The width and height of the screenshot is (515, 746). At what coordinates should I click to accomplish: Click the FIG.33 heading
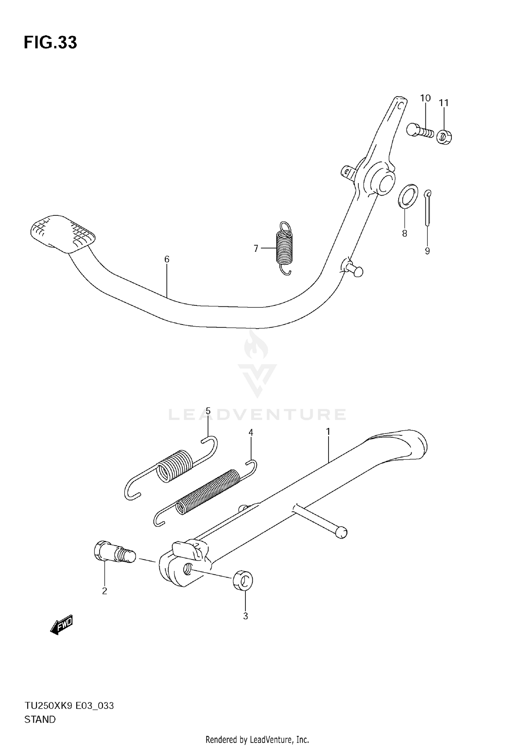(x=50, y=43)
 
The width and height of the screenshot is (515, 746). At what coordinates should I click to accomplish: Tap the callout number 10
(x=425, y=98)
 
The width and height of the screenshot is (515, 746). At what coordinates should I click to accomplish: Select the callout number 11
(x=444, y=103)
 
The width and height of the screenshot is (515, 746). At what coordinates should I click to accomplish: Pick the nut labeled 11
(x=444, y=137)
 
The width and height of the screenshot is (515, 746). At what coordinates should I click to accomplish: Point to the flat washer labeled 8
(x=408, y=196)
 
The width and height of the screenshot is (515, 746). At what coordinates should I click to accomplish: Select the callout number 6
(x=167, y=259)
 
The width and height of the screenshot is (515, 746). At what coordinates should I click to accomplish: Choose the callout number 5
(x=208, y=411)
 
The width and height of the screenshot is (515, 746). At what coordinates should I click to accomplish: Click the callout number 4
(x=251, y=433)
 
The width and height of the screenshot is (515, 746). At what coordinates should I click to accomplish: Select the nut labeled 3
(x=243, y=581)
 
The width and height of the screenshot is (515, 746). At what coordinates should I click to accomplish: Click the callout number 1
(x=328, y=431)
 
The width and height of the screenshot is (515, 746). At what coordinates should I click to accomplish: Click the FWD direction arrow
(x=62, y=624)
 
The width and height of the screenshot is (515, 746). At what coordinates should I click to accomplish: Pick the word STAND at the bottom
(x=40, y=720)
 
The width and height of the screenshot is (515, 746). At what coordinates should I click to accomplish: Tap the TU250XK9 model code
(x=48, y=706)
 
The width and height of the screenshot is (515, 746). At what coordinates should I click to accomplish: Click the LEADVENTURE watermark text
(x=257, y=415)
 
